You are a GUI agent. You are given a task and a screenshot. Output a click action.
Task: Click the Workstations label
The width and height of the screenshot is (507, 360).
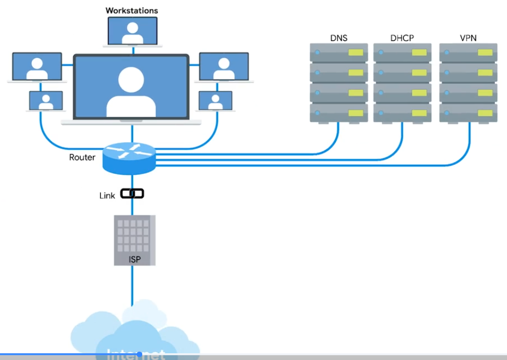(x=132, y=10)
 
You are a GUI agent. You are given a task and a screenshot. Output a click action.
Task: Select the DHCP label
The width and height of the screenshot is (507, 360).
(x=402, y=38)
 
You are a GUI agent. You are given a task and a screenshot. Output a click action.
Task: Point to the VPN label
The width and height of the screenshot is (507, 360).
(x=468, y=38)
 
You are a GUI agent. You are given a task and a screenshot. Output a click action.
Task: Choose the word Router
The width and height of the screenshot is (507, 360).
(x=82, y=157)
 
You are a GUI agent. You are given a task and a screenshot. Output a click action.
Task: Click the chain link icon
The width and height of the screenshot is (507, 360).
(x=132, y=194)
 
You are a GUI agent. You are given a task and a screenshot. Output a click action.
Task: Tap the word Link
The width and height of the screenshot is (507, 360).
(x=107, y=196)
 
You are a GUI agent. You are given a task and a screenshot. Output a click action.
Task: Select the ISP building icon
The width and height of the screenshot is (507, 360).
(x=135, y=240)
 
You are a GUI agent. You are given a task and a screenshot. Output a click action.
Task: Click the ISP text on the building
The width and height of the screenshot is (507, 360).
(x=135, y=259)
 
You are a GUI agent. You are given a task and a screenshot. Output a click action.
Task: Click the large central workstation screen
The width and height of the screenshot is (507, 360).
(x=131, y=86)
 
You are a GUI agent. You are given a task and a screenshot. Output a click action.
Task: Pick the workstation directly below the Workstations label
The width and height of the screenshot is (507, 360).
(x=132, y=31)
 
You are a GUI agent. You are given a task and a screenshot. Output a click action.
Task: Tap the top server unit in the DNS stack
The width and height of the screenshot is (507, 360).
(x=338, y=52)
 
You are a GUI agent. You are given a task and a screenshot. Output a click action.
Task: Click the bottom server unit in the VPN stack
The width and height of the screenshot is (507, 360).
(x=468, y=112)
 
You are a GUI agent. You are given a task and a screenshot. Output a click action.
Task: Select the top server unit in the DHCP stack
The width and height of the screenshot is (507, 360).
(x=402, y=52)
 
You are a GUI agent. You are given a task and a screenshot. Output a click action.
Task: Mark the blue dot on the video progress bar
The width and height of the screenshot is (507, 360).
(x=139, y=355)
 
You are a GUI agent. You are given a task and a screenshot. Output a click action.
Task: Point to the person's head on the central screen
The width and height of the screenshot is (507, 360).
(x=131, y=79)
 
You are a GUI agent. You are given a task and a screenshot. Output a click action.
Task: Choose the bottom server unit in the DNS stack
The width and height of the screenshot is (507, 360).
(x=338, y=112)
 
